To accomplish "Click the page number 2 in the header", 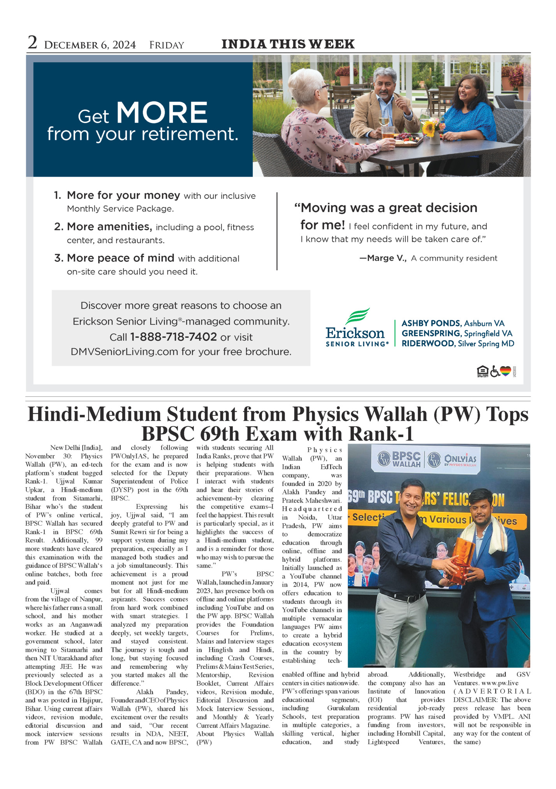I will (x=32, y=43).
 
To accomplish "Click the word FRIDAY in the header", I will (x=166, y=46).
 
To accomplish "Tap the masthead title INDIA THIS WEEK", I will (x=288, y=44).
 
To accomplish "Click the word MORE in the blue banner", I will (x=162, y=113).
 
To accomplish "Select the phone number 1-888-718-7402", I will (x=173, y=337).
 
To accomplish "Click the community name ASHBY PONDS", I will (x=431, y=323).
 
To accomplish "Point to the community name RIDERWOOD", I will (x=428, y=344).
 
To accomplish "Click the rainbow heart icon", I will (x=505, y=371).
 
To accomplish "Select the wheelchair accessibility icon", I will (x=494, y=372).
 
